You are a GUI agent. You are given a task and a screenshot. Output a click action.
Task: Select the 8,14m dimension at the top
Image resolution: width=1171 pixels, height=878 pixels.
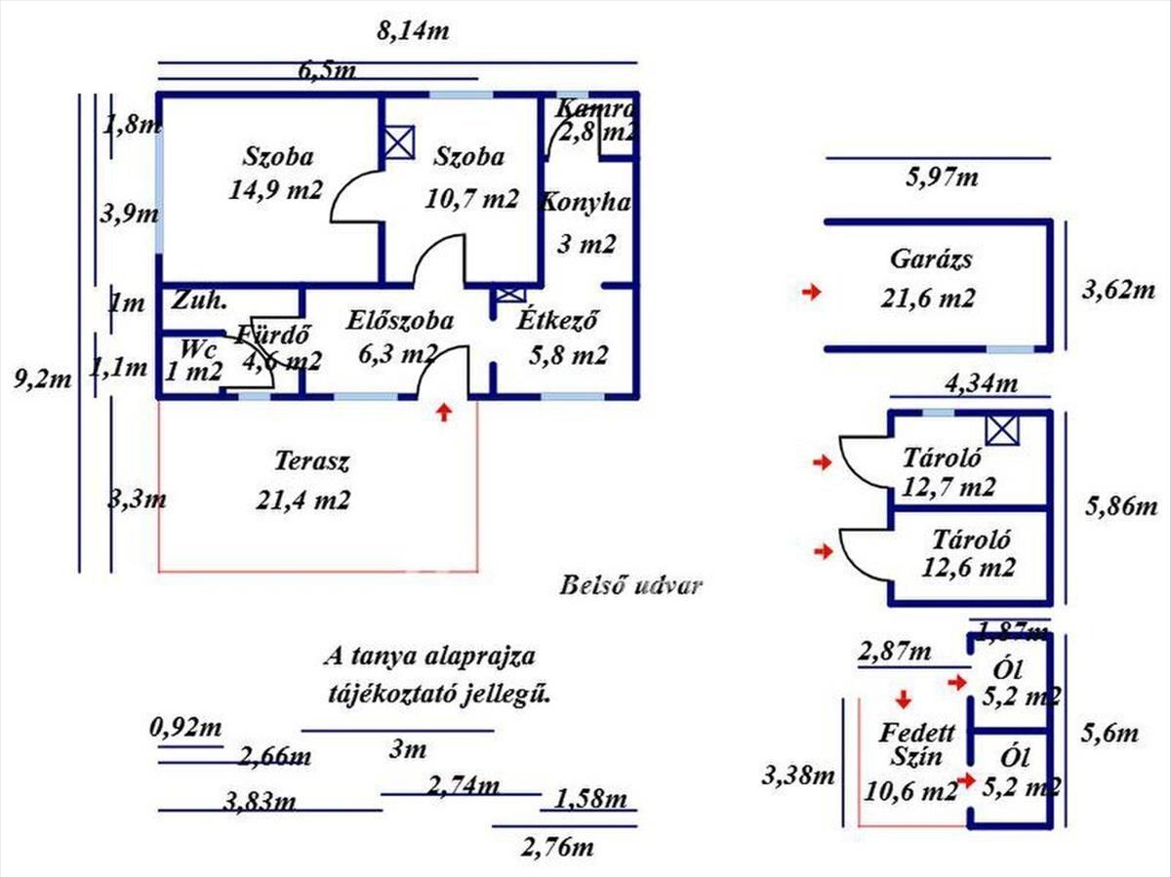coord(413,30)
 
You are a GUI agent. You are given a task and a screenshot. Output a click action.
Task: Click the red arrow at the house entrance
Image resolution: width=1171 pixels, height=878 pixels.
coord(444,413)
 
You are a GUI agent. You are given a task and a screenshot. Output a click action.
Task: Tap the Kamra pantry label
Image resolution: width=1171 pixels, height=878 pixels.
coord(595,120)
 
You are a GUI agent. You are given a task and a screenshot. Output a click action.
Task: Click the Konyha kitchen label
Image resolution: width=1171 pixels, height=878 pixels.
coord(585,222)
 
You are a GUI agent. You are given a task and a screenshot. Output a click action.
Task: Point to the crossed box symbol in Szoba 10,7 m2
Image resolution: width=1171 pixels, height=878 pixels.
coord(398,142)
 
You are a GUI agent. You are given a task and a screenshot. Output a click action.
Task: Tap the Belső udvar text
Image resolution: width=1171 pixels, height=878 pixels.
coord(630,586)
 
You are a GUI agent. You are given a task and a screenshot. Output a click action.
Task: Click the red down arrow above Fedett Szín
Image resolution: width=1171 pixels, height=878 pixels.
coord(904,698)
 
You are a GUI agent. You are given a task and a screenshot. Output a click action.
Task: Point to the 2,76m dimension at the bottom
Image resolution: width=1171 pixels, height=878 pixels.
coord(557,846)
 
